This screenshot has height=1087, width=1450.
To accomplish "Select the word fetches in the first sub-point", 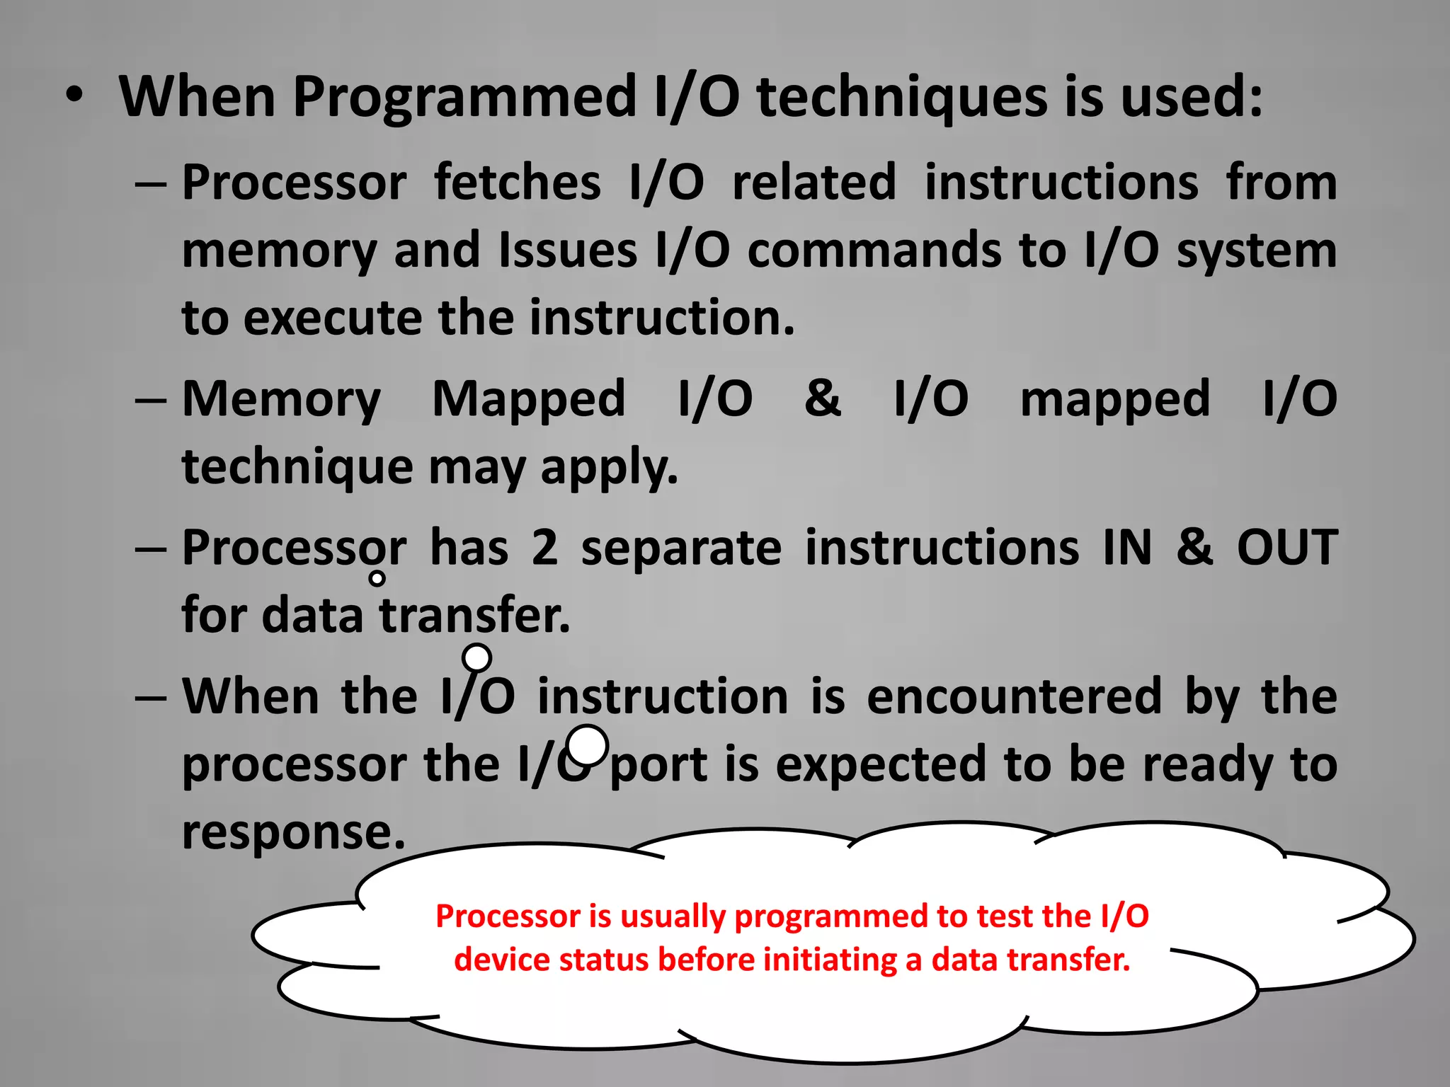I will pos(518,183).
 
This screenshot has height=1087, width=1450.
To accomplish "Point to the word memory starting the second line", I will pos(279,251).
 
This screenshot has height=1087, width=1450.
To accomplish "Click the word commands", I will pos(874,251).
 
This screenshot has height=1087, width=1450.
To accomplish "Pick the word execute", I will pos(333,318).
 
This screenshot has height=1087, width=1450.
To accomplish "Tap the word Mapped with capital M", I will pos(529,400).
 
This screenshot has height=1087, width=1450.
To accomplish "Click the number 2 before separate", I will pos(544,548).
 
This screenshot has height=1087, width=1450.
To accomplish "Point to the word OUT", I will pos(1287,548).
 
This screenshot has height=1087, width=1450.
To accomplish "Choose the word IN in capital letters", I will pos(1127,548).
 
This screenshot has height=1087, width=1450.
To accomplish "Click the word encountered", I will pos(1014,696).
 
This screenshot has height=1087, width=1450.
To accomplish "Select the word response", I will pos(293,832).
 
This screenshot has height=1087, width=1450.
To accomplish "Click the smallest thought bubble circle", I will pos(377,578).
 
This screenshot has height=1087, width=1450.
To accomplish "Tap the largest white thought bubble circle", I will pos(588,745).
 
